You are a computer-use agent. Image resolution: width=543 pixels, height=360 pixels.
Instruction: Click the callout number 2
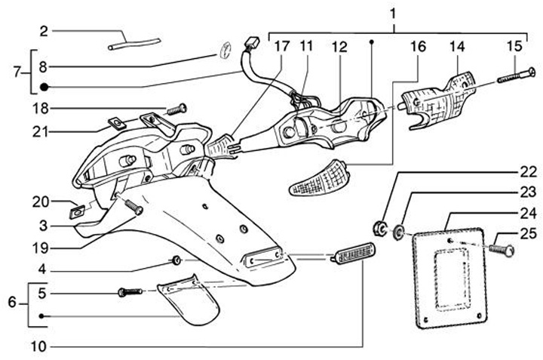44,31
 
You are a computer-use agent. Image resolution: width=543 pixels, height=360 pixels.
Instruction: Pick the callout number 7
17,73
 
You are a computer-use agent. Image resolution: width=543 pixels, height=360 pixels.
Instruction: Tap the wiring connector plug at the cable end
253,42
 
